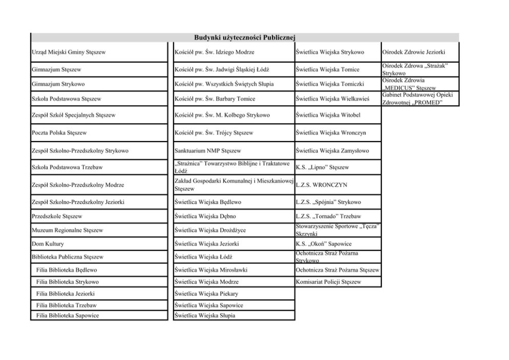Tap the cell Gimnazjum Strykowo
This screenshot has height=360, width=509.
click(58, 84)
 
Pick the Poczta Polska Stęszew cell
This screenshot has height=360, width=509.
click(59, 133)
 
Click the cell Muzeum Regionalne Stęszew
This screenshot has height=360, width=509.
click(67, 230)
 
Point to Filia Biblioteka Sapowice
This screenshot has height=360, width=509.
click(68, 315)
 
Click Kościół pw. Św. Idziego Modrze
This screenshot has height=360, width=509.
click(214, 52)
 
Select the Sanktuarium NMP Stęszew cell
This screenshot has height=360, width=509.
click(208, 151)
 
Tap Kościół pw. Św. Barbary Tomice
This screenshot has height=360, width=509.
click(215, 98)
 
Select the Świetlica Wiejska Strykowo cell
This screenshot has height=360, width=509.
click(330, 52)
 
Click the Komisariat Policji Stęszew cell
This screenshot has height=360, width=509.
click(328, 282)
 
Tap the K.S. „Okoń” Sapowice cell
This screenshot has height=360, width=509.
click(324, 244)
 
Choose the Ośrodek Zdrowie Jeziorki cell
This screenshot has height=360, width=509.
click(414, 52)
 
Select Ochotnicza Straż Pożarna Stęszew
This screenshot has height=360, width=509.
click(338, 270)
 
